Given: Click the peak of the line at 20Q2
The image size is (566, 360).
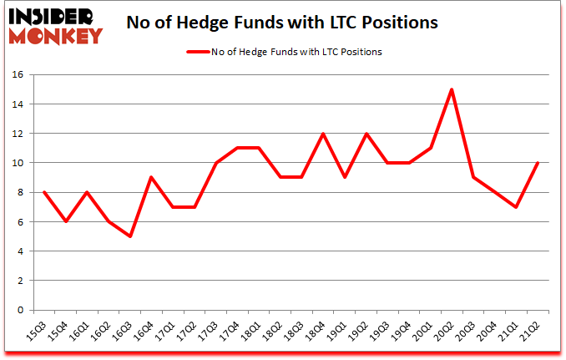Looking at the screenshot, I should point(451,89).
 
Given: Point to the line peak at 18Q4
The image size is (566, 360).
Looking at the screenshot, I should point(322,134).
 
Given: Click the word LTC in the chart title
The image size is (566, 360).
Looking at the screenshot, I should point(341,23).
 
